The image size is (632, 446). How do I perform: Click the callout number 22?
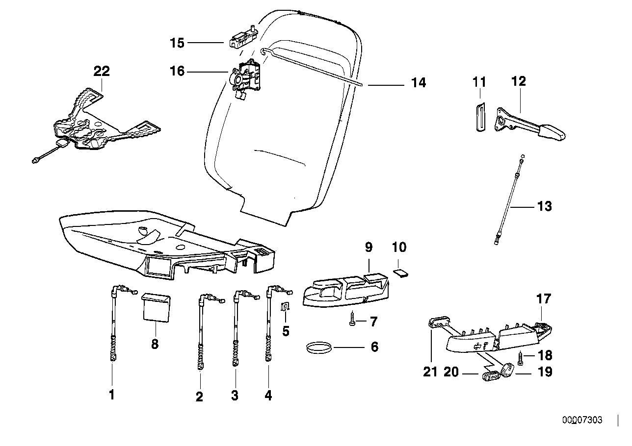coord(102,71)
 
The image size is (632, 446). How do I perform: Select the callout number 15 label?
coord(177,43)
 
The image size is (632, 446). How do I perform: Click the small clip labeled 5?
coord(285,309)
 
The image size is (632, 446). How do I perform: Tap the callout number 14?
coord(419,83)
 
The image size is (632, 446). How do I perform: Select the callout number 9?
coord(369,248)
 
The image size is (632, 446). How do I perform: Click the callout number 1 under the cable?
coord(111,395)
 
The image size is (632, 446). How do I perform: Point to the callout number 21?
coord(430,372)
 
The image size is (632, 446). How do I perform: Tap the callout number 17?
coord(544,298)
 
